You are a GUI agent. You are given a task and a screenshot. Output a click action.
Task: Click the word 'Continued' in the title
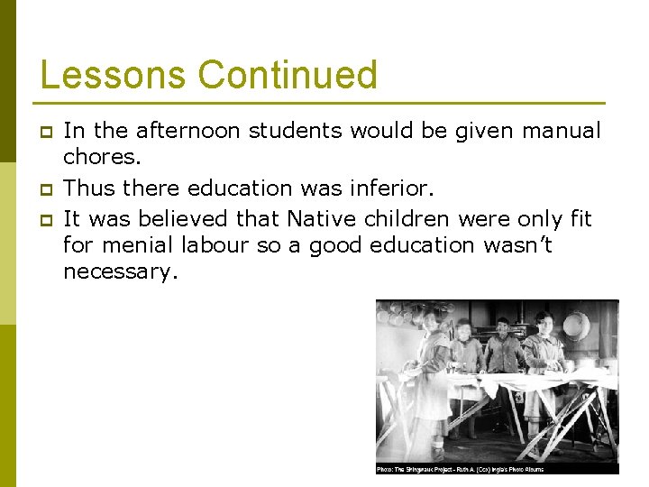click(x=288, y=75)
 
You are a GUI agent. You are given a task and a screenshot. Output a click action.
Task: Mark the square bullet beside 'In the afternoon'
click(x=43, y=132)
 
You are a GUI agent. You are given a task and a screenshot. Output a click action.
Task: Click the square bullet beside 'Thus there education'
click(x=43, y=189)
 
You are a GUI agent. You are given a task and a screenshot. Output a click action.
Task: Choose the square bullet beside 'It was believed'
click(x=43, y=218)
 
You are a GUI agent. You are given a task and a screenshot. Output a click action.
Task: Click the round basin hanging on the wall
click(x=577, y=325)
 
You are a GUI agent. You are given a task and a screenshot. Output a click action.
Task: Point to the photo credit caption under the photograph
click(x=460, y=469)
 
